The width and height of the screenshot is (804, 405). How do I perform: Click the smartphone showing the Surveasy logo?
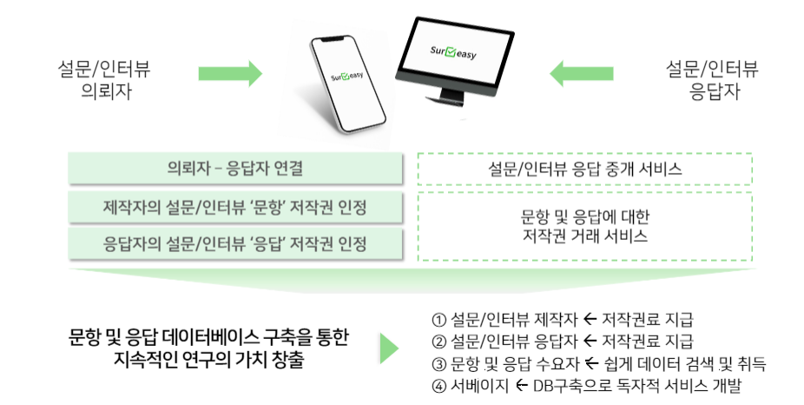point(347,83)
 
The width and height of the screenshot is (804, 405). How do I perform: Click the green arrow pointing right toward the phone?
point(230,73)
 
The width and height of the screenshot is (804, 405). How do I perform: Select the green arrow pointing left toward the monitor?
point(582,73)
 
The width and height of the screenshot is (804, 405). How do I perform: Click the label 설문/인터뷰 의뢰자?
point(104,80)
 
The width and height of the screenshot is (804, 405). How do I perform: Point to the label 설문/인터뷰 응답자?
point(712,80)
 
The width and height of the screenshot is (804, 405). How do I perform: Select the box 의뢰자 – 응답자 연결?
point(235,168)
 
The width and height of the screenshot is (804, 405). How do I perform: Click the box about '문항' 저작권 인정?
point(235,208)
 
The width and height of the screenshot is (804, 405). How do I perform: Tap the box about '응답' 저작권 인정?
point(235,243)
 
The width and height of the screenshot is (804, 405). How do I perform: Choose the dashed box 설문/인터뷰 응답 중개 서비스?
point(585,169)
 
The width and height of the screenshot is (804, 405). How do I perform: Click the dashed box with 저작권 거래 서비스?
point(585,226)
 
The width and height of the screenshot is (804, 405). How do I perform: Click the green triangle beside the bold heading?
point(389,349)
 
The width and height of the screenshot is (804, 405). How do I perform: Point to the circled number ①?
point(439,321)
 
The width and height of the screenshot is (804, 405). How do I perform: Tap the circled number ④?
point(439,386)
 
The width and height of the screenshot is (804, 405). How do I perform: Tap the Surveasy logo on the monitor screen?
point(452,52)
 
